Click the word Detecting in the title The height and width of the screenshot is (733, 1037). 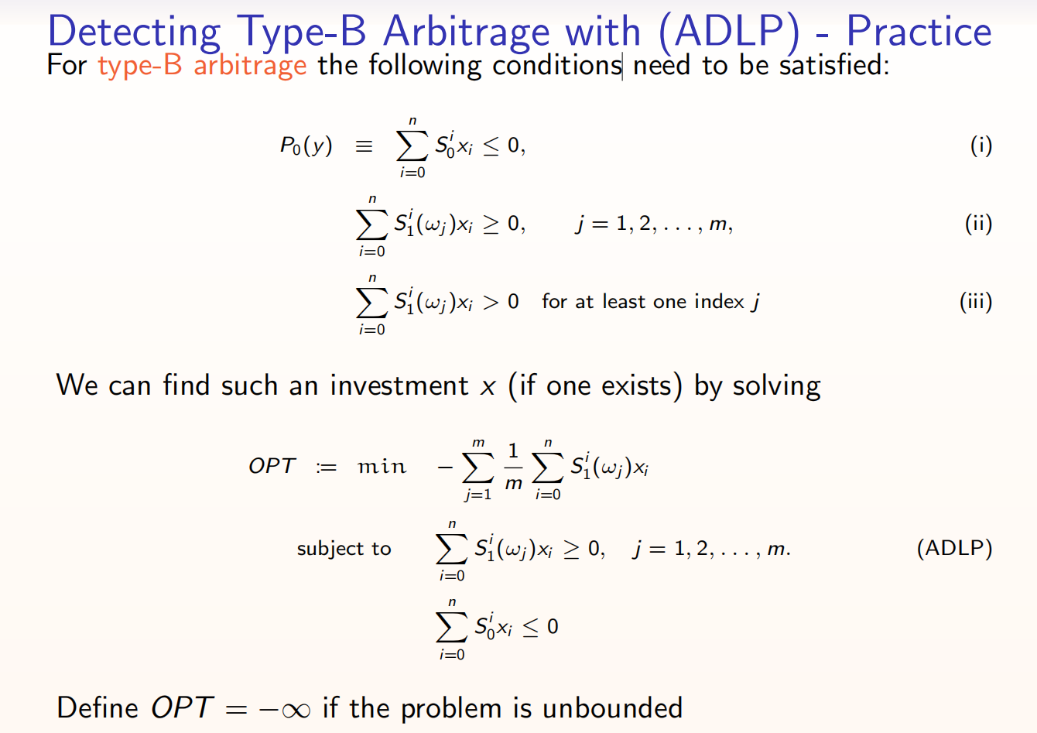pyautogui.click(x=134, y=33)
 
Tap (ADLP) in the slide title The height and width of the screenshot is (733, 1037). pyautogui.click(x=729, y=33)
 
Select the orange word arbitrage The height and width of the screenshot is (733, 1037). pyautogui.click(x=250, y=66)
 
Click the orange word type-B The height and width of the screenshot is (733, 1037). pyautogui.click(x=140, y=66)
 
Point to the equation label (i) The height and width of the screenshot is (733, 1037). pyautogui.click(x=981, y=146)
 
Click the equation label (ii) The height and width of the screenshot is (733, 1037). pyautogui.click(x=978, y=224)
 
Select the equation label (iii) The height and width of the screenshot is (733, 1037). pyautogui.click(x=976, y=302)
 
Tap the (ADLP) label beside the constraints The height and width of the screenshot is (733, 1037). pyautogui.click(x=954, y=548)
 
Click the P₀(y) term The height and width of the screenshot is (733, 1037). pyautogui.click(x=306, y=146)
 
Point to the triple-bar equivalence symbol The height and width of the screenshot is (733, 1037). pyautogui.click(x=364, y=146)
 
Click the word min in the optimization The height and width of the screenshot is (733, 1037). pyautogui.click(x=382, y=466)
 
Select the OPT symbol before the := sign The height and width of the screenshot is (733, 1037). pyautogui.click(x=272, y=466)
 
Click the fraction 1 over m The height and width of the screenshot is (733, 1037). pyautogui.click(x=513, y=467)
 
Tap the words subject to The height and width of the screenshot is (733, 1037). pyautogui.click(x=344, y=549)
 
